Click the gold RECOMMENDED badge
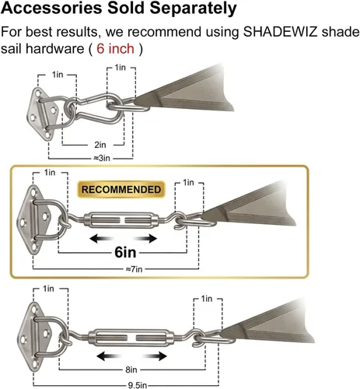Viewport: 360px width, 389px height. (121, 189)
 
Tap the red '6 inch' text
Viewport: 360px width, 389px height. (115, 48)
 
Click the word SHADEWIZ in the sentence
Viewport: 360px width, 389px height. (280, 32)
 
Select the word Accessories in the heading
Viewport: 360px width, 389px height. (51, 8)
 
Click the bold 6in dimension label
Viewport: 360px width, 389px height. (125, 252)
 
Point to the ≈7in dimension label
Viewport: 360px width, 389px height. (134, 269)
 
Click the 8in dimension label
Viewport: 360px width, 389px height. (131, 370)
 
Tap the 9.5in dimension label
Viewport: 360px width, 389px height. (138, 385)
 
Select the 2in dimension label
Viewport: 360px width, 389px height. (100, 145)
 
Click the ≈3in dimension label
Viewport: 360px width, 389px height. (102, 158)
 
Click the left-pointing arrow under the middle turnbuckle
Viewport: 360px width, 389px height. (101, 238)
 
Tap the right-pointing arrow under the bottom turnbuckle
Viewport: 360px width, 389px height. (155, 356)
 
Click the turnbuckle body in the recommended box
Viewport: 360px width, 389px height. (121, 220)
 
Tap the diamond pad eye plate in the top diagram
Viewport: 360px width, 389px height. (43, 114)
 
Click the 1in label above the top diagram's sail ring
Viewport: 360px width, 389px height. (121, 68)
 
